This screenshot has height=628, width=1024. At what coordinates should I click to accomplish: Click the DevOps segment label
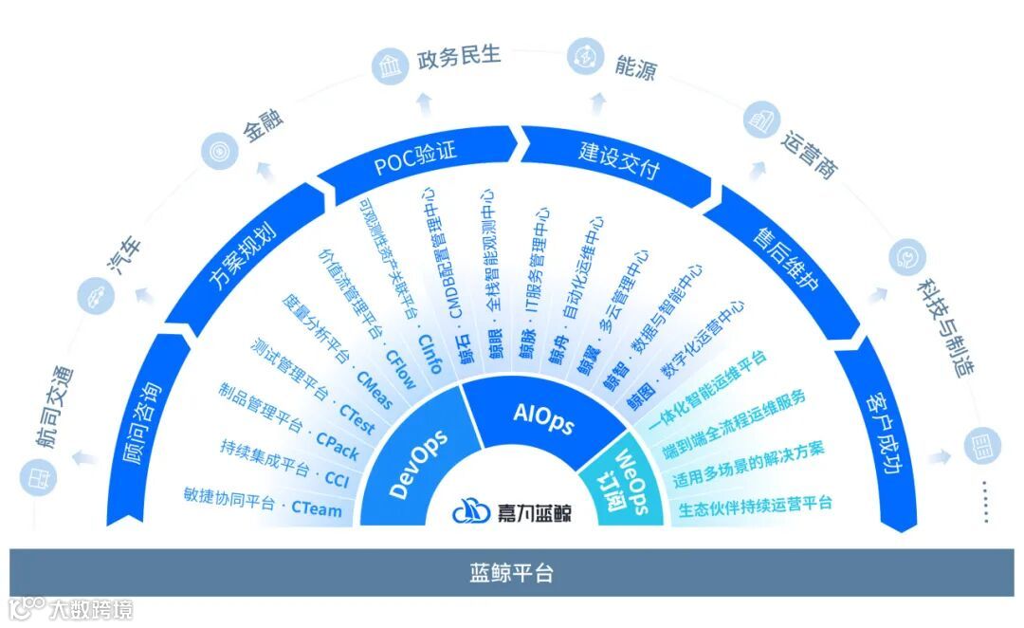point(418,464)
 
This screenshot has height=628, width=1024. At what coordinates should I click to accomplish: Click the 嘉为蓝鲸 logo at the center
point(512,512)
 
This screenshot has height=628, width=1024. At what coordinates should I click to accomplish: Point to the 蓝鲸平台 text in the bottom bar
point(512,573)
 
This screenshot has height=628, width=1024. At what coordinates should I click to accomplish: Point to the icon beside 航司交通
point(37,473)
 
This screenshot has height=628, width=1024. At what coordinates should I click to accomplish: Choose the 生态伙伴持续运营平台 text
point(755,505)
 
